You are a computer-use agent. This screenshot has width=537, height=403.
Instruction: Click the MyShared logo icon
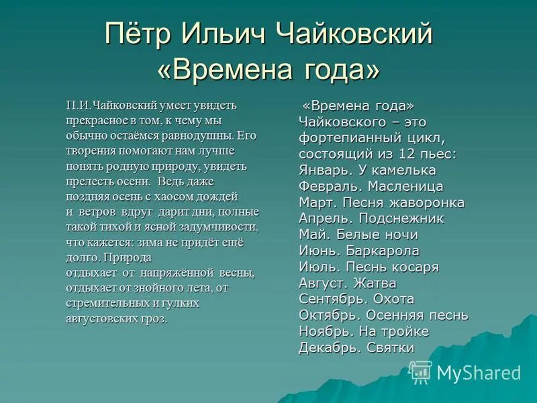(x=421, y=372)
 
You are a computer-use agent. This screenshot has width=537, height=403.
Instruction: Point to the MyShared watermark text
(x=479, y=373)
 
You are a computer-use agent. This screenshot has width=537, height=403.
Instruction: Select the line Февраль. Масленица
(x=371, y=186)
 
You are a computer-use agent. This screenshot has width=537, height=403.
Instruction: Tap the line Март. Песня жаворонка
(x=381, y=202)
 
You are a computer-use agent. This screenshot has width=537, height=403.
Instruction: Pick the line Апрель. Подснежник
(x=371, y=218)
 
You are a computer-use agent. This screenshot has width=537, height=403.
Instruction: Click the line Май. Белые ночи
(x=358, y=234)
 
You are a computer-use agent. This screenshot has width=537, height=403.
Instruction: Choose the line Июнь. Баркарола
(x=359, y=251)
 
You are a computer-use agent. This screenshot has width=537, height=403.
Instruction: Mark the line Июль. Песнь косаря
(x=369, y=267)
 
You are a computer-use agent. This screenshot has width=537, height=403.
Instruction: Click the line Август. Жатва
(x=347, y=283)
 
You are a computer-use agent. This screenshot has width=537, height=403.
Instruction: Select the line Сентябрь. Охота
(x=356, y=299)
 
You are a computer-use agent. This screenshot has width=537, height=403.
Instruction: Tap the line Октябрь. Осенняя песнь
(x=383, y=315)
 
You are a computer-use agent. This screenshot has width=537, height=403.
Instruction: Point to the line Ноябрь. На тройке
(x=364, y=331)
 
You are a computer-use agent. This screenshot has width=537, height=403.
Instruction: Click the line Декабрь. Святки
(x=356, y=347)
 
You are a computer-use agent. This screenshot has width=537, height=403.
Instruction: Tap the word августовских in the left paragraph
(x=98, y=318)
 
